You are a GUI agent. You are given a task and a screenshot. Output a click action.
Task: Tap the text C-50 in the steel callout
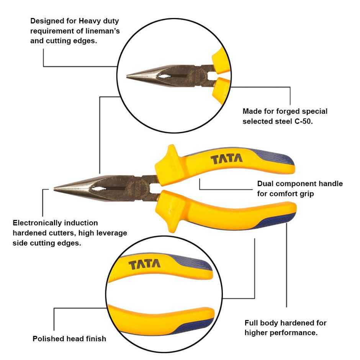coord(303,121)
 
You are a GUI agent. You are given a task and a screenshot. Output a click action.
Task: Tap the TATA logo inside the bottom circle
coord(145,265)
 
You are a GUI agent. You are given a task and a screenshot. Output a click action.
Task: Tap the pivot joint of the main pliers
coord(142,188)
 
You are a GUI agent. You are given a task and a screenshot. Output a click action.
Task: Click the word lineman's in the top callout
coord(100,31)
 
